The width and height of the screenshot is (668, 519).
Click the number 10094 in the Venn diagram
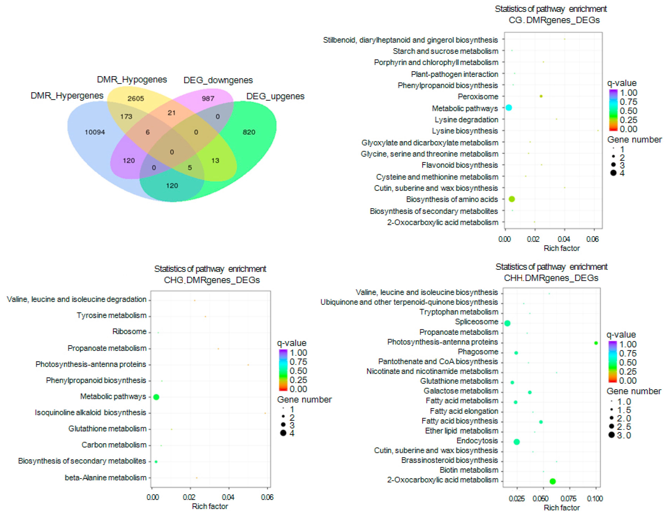pyautogui.click(x=95, y=132)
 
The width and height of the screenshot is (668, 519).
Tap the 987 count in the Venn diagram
pyautogui.click(x=208, y=98)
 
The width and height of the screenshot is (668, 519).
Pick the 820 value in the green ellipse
pyautogui.click(x=249, y=132)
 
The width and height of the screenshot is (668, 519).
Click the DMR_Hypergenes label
pyautogui.click(x=67, y=96)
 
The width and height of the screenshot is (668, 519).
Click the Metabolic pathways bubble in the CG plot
pyautogui.click(x=509, y=107)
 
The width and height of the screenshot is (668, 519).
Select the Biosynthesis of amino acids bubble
pyautogui.click(x=512, y=199)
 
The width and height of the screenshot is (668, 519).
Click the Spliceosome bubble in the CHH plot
pyautogui.click(x=507, y=323)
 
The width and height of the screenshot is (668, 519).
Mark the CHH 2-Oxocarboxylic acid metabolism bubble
pyautogui.click(x=552, y=481)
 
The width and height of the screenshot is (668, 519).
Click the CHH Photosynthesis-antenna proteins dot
pyautogui.click(x=596, y=343)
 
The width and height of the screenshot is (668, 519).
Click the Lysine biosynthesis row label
pyautogui.click(x=465, y=131)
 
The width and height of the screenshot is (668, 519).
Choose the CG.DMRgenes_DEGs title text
pyautogui.click(x=554, y=20)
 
